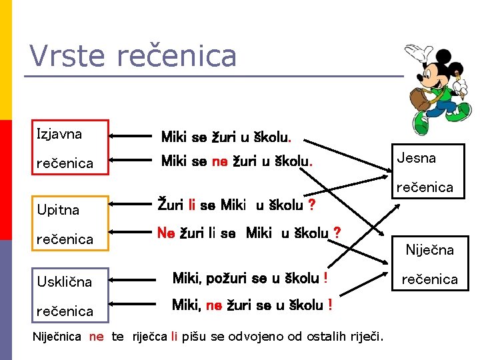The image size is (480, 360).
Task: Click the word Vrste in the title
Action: (67, 56)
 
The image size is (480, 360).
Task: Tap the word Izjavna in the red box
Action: (59, 134)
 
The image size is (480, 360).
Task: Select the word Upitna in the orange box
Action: (58, 210)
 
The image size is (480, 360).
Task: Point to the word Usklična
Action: (64, 281)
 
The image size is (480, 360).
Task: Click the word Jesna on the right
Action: (417, 158)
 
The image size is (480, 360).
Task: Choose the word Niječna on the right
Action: (430, 250)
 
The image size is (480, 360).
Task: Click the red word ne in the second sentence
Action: (220, 161)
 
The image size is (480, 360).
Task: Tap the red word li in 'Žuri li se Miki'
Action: (191, 204)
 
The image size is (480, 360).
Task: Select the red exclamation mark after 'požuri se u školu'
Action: (325, 277)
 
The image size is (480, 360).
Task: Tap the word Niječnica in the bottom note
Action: (57, 336)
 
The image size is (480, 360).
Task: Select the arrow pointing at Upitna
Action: (131, 210)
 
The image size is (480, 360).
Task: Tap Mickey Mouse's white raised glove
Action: (413, 53)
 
